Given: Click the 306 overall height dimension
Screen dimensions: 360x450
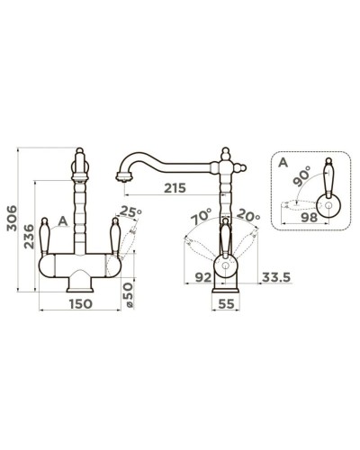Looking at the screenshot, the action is coord(13,218).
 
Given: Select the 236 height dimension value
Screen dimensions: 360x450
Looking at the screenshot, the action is coord(30,236).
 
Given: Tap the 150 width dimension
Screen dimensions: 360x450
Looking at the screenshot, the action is coord(81,304).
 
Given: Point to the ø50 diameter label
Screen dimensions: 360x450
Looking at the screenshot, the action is coord(128,294).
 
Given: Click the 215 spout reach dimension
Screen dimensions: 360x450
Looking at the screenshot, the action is coord(175,188).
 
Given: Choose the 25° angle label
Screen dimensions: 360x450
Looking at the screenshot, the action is coord(130,211).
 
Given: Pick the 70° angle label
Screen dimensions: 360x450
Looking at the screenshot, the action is coord(202,217).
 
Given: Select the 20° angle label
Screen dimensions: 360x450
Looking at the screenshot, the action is coord(248,215).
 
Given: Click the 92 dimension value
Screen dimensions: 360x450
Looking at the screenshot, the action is coord(203,277).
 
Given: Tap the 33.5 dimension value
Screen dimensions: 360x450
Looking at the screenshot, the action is coord(276,277).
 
